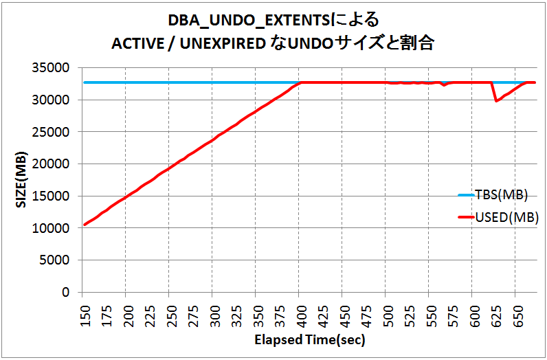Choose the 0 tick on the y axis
[x=67, y=293]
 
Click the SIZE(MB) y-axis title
[x=20, y=180]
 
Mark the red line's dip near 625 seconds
[x=496, y=101]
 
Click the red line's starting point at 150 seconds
[x=85, y=225]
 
